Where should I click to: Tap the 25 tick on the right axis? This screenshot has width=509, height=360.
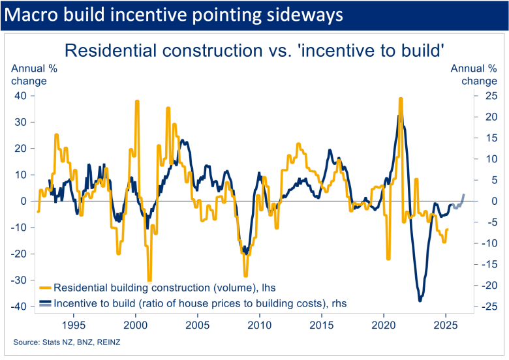tap(489, 95)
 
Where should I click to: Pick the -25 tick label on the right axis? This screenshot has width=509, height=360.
tap(488, 307)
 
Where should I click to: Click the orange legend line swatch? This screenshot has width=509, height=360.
tap(45, 287)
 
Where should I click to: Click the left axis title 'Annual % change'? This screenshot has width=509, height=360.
tap(29, 74)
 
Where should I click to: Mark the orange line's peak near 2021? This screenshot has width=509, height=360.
tap(401, 98)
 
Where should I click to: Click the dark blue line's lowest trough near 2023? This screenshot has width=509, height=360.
tap(420, 301)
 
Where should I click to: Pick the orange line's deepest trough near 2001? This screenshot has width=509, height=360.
tap(149, 280)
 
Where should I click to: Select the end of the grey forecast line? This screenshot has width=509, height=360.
tap(464, 194)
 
